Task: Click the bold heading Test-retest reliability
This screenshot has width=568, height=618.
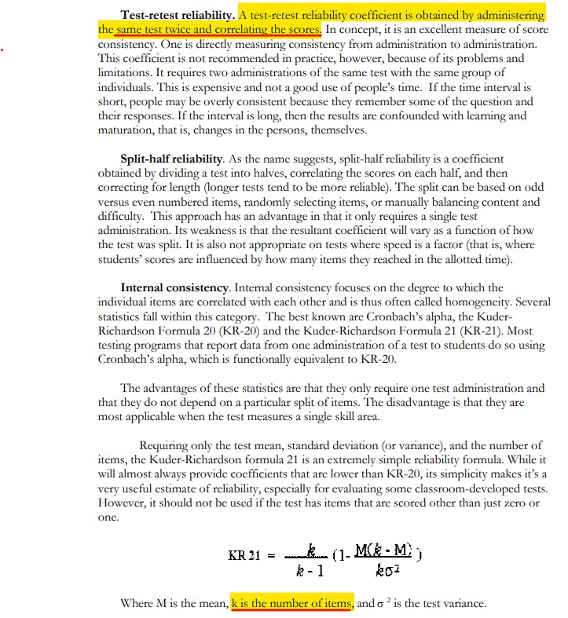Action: pos(178,15)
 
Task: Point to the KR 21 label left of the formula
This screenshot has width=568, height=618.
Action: pos(244,555)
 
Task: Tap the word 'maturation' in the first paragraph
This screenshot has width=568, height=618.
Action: pos(124,130)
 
